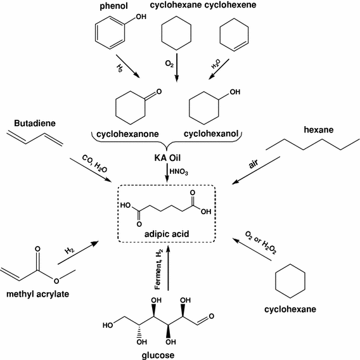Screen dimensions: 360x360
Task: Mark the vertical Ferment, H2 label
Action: [x=159, y=269]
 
